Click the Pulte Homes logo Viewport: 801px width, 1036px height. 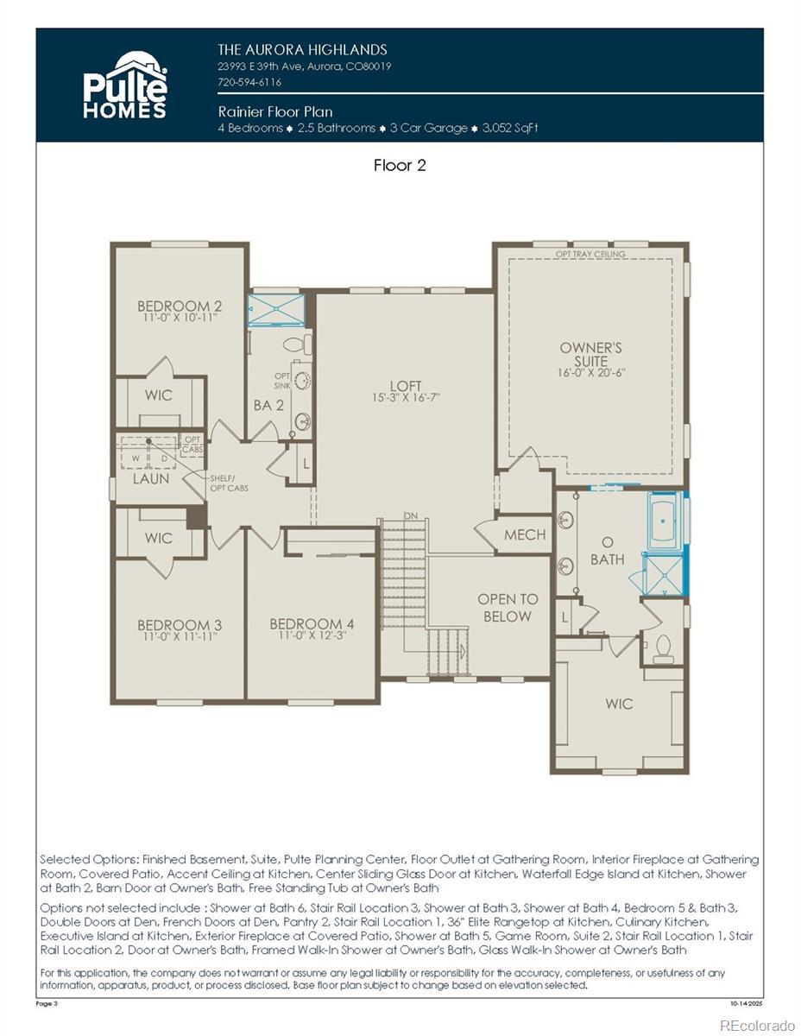125,85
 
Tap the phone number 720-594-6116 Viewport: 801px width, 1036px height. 249,82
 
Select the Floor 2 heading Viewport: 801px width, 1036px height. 400,166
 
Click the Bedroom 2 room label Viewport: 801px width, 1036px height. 180,306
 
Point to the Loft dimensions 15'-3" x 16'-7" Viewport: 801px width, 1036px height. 406,397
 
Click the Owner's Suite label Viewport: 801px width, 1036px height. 590,354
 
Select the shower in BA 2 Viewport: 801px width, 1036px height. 276,309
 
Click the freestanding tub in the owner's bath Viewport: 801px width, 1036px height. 665,521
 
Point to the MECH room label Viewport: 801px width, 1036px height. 524,535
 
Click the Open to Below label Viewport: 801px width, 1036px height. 508,608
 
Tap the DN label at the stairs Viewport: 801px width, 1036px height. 410,515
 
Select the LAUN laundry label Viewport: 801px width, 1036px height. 150,478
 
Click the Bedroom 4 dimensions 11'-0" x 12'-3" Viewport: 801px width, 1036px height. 312,635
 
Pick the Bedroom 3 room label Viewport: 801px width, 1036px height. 180,624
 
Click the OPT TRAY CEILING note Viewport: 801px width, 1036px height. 590,254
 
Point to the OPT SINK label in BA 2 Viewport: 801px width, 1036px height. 282,381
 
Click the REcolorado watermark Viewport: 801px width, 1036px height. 757,1024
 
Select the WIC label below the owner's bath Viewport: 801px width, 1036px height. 619,704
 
